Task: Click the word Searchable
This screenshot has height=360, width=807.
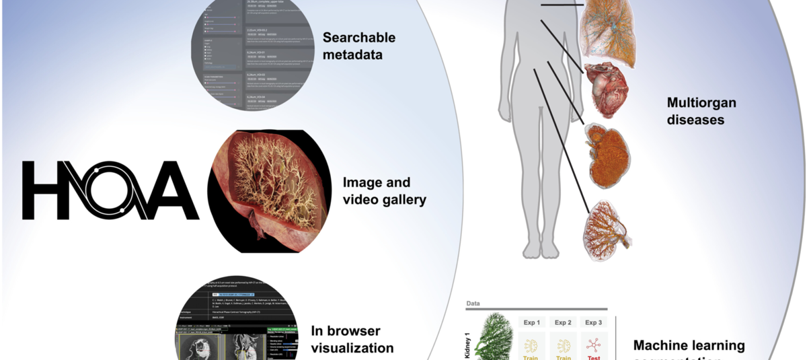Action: (x=358, y=38)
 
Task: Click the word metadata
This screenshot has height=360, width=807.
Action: (x=352, y=55)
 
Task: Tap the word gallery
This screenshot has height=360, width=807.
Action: (x=399, y=200)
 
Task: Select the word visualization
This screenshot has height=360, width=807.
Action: (x=352, y=348)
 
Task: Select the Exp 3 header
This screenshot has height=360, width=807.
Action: (x=593, y=322)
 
